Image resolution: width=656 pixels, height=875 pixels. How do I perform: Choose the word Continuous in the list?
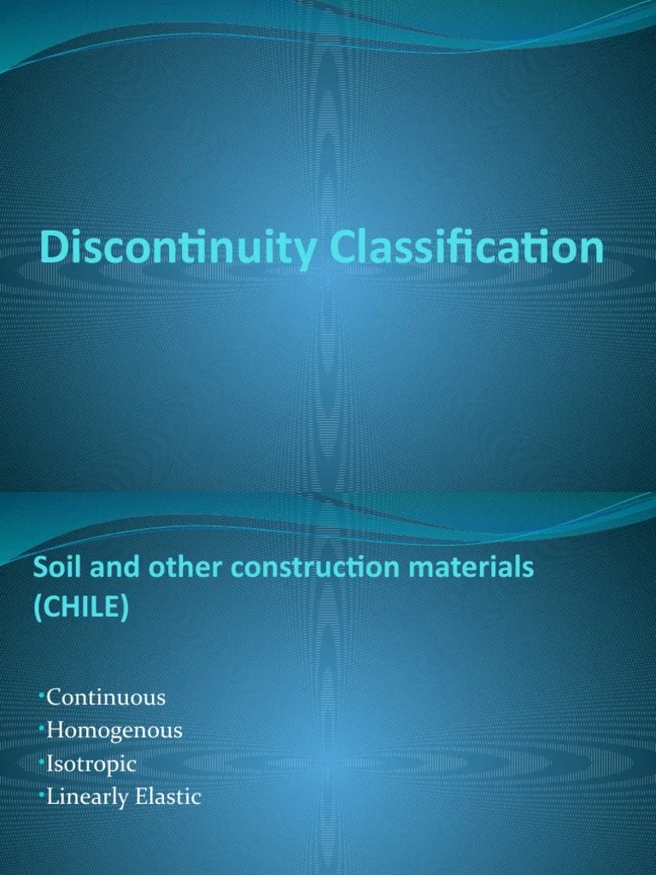(106, 697)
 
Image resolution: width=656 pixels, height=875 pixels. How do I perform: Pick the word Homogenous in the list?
(114, 731)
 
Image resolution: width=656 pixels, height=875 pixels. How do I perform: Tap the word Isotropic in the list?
(92, 764)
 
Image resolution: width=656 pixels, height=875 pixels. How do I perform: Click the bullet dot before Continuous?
(42, 690)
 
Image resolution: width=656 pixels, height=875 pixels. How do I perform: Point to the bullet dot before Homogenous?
(42, 724)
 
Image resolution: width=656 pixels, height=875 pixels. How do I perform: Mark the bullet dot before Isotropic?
(42, 757)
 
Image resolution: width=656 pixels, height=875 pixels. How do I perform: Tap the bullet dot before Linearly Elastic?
(42, 790)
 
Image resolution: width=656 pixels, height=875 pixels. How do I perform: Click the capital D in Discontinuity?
(53, 250)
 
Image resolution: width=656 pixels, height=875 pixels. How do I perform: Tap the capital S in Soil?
(38, 567)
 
